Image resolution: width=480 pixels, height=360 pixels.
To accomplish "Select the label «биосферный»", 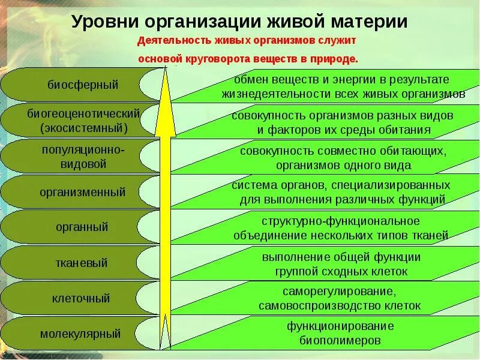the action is tap(83, 85).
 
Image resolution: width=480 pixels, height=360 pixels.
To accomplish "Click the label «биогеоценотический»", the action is tap(83, 113).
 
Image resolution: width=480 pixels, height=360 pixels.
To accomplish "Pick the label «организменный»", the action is tap(83, 193).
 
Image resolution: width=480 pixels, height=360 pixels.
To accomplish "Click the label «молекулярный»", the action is tap(80, 334).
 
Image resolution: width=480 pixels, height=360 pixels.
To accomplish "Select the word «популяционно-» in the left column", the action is tap(83, 149).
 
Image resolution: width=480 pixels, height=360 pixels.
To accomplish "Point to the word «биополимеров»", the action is tap(340, 340).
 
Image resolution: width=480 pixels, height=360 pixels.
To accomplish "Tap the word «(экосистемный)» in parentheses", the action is tap(85, 128).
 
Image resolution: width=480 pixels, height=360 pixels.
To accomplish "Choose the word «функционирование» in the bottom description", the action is tap(340, 326).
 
